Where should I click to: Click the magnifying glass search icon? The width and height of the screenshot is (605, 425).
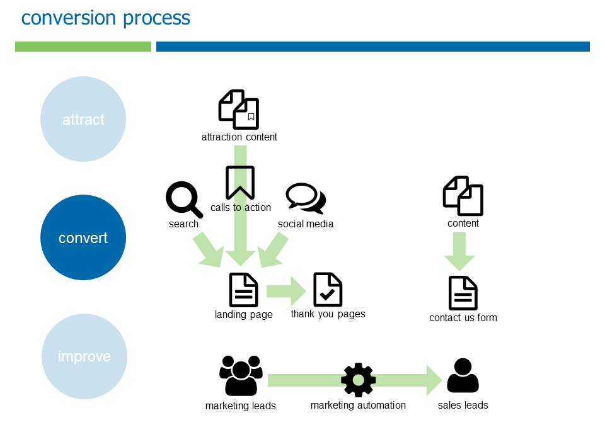click(184, 199)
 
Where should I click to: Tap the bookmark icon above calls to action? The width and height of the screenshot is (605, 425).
click(240, 183)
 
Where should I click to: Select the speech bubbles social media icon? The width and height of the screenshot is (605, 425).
click(306, 198)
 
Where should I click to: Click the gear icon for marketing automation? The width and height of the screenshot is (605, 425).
click(358, 380)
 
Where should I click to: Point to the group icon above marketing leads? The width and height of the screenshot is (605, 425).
click(241, 376)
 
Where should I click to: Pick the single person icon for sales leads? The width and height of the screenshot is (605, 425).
click(463, 376)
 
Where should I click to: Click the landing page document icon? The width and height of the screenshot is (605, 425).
click(243, 290)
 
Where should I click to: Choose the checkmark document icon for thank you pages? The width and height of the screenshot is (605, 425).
click(328, 290)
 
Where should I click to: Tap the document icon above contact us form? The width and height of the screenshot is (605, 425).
click(463, 293)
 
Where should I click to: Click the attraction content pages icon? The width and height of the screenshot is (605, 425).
click(239, 110)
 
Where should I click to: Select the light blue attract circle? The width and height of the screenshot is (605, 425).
click(83, 119)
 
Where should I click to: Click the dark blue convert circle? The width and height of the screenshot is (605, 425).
click(83, 238)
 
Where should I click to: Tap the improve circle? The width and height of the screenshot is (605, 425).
click(84, 356)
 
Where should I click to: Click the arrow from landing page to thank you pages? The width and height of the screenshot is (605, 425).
click(285, 291)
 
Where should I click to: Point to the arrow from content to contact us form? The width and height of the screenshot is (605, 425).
click(459, 251)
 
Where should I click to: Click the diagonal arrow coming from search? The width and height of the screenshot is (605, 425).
click(209, 249)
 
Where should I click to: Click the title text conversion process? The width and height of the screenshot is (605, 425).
click(106, 18)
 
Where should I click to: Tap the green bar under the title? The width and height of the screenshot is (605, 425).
click(83, 47)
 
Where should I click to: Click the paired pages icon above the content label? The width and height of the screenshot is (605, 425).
click(463, 196)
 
